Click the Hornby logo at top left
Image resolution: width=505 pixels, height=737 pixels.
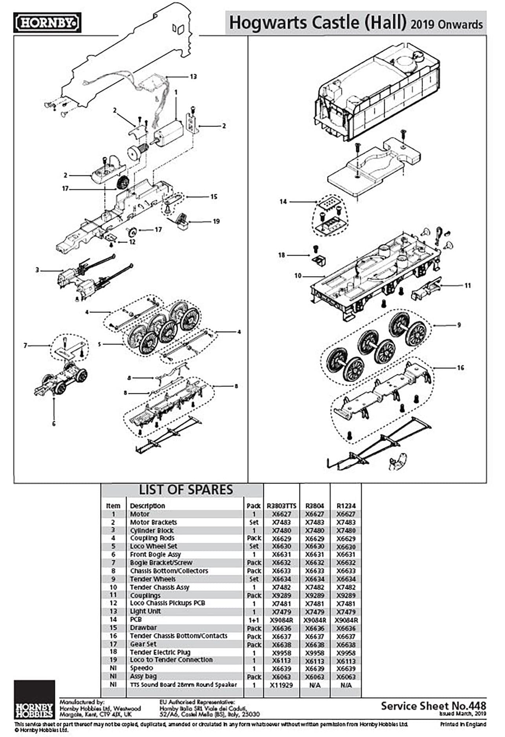[x=47, y=23]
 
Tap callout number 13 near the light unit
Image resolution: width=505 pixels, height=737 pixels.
[x=193, y=77]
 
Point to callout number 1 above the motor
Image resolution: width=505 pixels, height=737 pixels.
[x=176, y=92]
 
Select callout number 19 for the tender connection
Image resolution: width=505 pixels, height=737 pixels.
[x=216, y=221]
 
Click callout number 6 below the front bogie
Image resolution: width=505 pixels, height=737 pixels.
[x=53, y=423]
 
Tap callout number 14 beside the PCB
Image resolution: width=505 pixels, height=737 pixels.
[x=283, y=202]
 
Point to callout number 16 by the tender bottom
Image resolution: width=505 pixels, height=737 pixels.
[x=460, y=368]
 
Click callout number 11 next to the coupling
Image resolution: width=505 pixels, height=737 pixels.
[x=467, y=285]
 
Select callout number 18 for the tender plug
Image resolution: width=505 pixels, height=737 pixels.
[x=282, y=255]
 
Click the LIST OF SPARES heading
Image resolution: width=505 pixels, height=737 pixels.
[x=186, y=490]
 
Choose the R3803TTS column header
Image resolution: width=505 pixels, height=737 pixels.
[x=282, y=506]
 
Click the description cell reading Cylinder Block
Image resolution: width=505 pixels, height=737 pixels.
[x=152, y=530]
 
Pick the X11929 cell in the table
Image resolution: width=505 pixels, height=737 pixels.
[x=282, y=685]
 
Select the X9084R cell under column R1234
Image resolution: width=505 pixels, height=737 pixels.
[x=346, y=620]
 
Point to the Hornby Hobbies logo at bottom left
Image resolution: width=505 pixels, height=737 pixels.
[x=34, y=700]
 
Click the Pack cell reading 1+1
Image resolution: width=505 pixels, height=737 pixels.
[x=254, y=620]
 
